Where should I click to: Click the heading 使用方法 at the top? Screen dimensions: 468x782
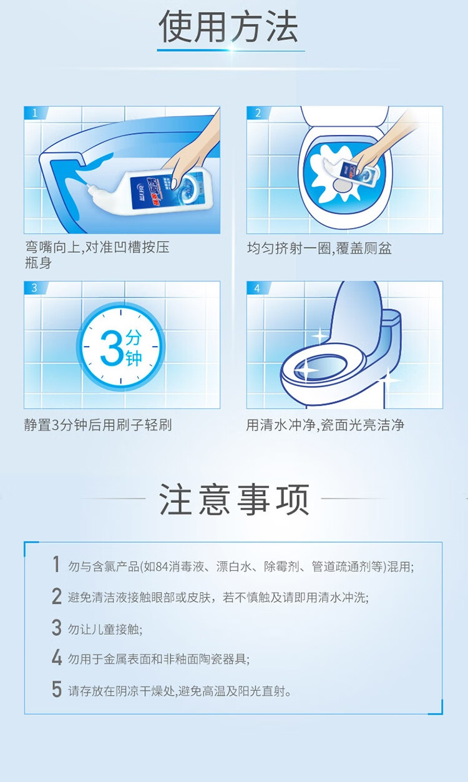click(228, 26)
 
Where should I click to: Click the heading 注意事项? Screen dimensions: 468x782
click(234, 500)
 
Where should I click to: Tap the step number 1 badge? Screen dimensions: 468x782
click(35, 113)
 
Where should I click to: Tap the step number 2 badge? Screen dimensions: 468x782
click(258, 113)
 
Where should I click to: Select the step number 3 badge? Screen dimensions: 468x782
click(34, 288)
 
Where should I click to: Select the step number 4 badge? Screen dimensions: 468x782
click(257, 288)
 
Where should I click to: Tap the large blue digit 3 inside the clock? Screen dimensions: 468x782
click(112, 348)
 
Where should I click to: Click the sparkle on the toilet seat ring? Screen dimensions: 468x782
click(305, 369)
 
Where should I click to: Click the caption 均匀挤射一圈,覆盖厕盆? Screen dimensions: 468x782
click(319, 248)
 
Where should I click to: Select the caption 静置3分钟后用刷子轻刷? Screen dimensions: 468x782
click(98, 425)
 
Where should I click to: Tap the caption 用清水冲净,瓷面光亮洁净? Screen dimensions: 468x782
click(325, 425)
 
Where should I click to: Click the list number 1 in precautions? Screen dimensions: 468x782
click(56, 564)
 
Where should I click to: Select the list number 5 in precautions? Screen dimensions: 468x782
click(57, 689)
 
